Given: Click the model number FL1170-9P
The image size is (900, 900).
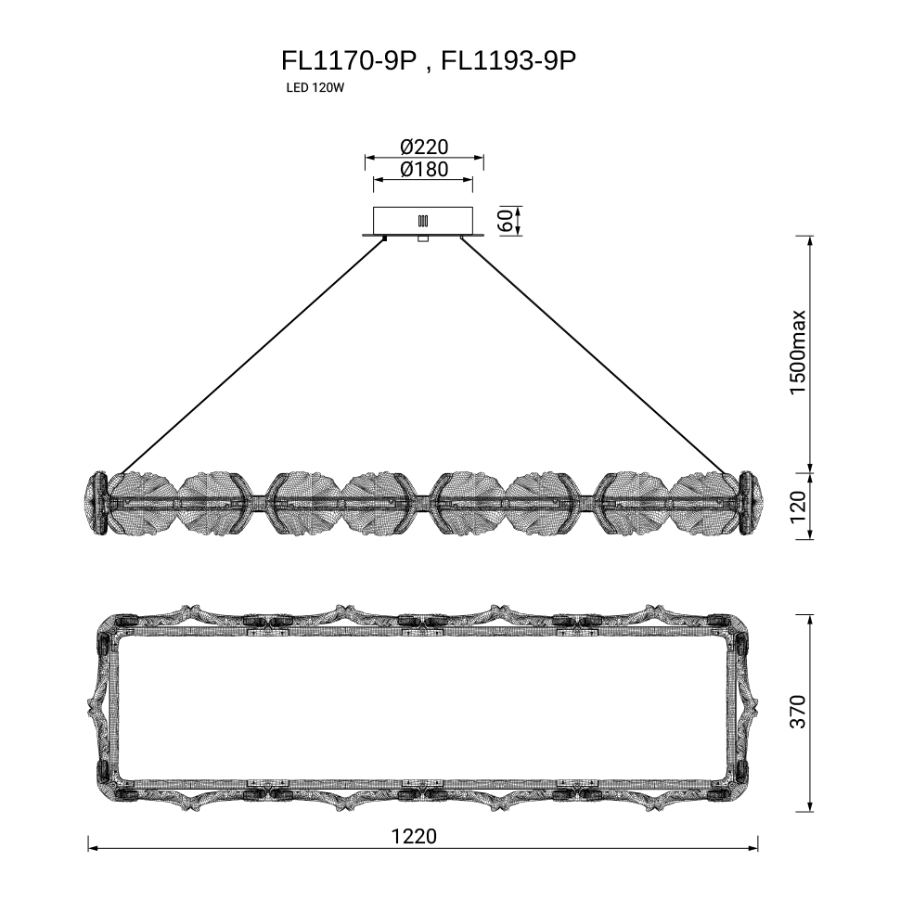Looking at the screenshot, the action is pyautogui.click(x=349, y=60).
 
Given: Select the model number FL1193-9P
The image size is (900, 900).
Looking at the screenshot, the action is pyautogui.click(x=508, y=60).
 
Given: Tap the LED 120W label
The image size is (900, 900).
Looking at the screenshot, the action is pyautogui.click(x=315, y=88).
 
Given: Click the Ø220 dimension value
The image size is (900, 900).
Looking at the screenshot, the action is pyautogui.click(x=424, y=147).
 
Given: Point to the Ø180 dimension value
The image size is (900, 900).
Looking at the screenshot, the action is pyautogui.click(x=424, y=169).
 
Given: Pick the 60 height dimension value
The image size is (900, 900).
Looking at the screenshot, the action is pyautogui.click(x=507, y=221).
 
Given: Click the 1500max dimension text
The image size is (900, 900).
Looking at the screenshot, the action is pyautogui.click(x=798, y=353).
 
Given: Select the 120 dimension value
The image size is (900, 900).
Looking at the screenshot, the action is pyautogui.click(x=798, y=508).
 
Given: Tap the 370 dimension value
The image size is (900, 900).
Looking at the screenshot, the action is pyautogui.click(x=798, y=712).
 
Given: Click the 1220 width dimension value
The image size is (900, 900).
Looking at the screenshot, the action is pyautogui.click(x=414, y=836).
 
